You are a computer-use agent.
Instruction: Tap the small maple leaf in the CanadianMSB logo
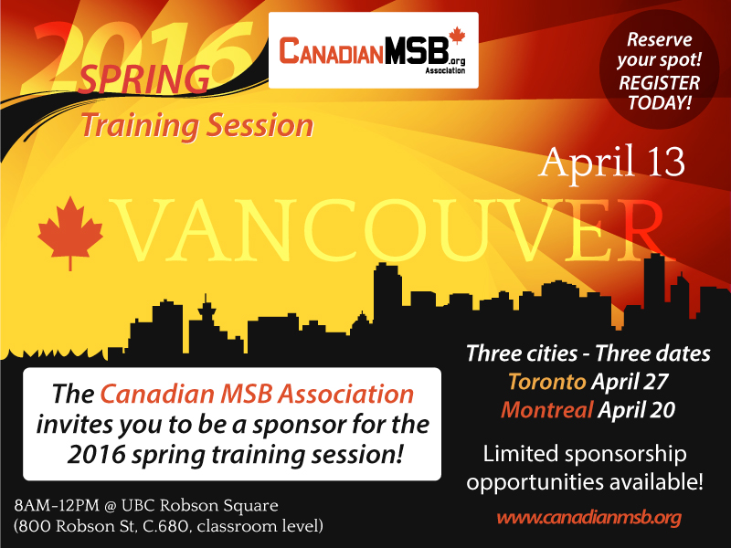[457, 36]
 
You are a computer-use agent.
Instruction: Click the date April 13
[611, 162]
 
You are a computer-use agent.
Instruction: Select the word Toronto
[546, 382]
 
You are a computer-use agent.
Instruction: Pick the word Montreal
[546, 410]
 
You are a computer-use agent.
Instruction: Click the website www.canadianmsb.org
[589, 518]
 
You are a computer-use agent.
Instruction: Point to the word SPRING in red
[143, 79]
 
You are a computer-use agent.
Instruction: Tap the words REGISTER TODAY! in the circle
[659, 92]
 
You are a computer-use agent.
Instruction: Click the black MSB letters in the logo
[417, 50]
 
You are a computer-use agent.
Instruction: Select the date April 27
[630, 382]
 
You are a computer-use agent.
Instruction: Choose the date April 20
[636, 410]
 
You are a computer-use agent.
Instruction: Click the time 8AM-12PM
[57, 506]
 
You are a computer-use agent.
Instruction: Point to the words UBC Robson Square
[200, 506]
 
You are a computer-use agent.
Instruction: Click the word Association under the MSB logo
[445, 71]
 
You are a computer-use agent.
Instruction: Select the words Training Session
[197, 126]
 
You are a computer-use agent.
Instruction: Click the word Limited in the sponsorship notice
[520, 454]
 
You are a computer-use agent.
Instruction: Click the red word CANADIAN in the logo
[332, 51]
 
